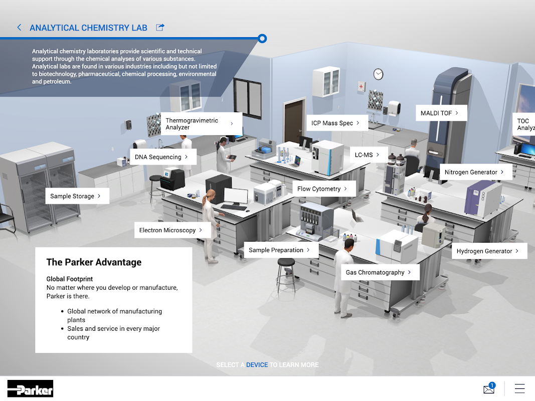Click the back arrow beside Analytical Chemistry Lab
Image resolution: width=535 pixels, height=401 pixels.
[x=19, y=27]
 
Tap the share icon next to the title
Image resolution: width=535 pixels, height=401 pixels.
[x=160, y=27]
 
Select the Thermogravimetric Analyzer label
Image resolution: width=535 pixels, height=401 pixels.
[x=201, y=124]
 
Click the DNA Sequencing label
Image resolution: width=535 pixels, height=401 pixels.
[x=163, y=157]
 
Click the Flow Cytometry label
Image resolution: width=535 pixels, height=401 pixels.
[x=324, y=188]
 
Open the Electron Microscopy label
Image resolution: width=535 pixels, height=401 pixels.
[x=172, y=230]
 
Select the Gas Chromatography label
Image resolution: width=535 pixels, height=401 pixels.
[x=380, y=272]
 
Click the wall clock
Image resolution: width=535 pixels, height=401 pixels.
[x=378, y=74]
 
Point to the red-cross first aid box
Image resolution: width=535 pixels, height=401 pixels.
[x=361, y=86]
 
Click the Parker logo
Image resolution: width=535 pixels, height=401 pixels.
[x=31, y=388]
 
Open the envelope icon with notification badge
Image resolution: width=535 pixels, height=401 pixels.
[x=489, y=388]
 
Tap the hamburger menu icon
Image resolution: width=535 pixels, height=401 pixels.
[x=519, y=388]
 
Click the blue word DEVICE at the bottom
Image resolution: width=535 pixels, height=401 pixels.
[x=257, y=365]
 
